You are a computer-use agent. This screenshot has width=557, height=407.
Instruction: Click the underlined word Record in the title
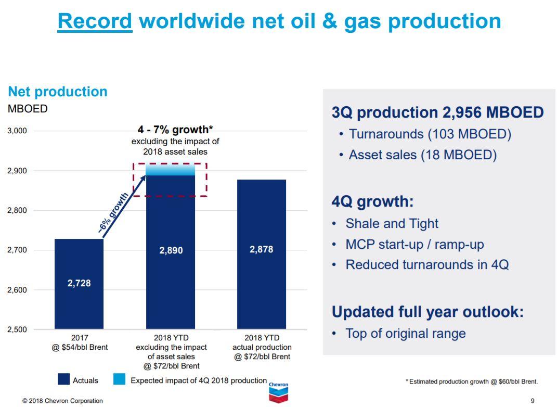pos(95,21)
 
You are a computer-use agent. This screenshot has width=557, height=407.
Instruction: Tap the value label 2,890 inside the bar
pos(171,250)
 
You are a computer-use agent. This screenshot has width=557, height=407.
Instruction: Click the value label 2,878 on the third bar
pos(261,249)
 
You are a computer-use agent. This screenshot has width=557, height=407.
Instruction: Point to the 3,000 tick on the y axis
pos(17,131)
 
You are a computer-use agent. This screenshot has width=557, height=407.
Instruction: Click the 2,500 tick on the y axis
pos(17,329)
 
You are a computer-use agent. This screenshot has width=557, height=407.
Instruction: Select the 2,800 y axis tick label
pos(17,210)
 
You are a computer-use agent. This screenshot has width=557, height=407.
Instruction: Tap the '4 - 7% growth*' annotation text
pos(175,130)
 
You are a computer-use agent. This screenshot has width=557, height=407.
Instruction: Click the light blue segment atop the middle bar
pos(171,170)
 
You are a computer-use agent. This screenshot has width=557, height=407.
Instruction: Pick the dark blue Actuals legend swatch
pos(63,380)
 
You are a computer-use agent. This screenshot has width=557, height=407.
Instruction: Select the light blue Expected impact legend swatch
pos(119,380)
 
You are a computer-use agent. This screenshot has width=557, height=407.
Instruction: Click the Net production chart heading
pos(57,92)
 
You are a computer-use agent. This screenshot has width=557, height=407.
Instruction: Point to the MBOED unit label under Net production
pos(27,109)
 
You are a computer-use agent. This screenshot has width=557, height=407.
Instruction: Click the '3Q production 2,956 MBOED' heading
pos(437,112)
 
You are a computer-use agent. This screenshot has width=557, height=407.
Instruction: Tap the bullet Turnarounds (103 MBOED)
pos(430,134)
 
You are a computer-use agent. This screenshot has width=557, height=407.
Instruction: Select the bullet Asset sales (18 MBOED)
pos(422,155)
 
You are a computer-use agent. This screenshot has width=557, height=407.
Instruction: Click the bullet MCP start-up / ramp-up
pos(414,244)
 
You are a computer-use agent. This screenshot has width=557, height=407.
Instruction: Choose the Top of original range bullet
pos(405,334)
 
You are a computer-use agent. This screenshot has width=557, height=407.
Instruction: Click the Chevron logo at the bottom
pos(278,393)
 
